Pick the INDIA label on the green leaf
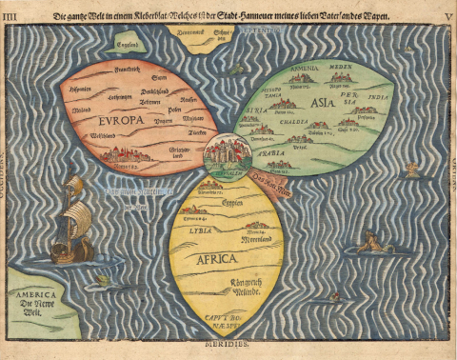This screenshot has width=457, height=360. pos(379,97)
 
